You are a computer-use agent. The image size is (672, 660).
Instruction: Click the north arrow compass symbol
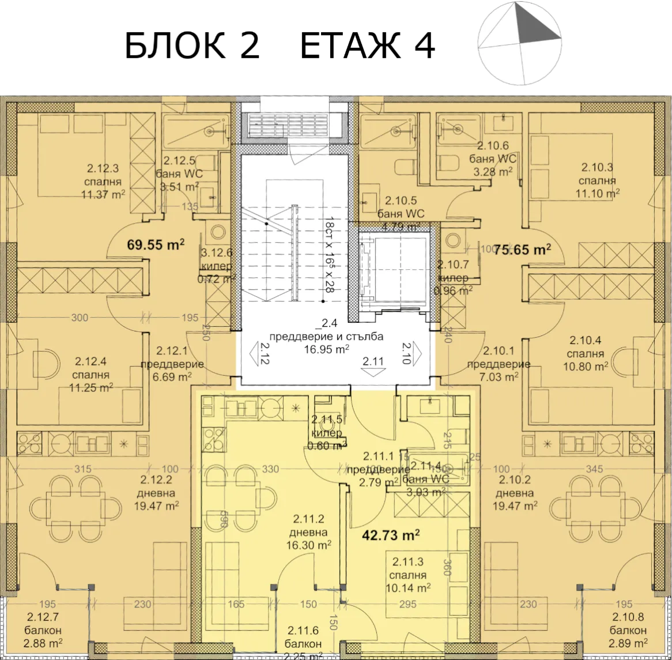[519, 43]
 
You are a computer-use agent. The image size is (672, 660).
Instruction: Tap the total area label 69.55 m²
[155, 244]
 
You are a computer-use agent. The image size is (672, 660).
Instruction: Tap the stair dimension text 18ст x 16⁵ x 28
[330, 256]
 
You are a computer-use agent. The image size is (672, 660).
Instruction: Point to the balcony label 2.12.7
[44, 631]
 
